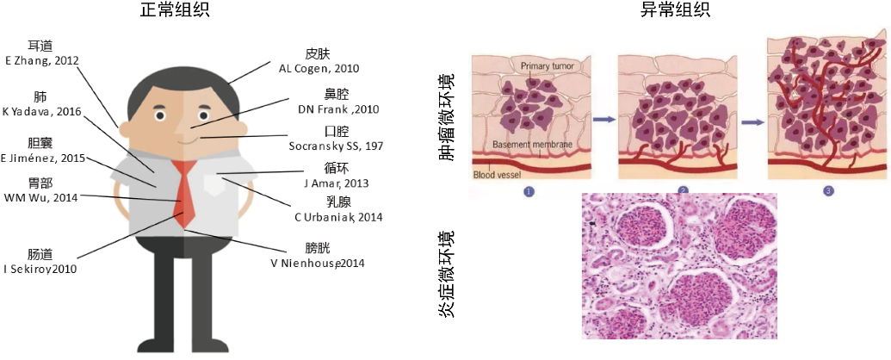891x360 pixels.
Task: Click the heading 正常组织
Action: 177,10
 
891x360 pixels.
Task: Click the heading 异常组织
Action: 674,10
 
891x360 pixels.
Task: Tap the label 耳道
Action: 40,46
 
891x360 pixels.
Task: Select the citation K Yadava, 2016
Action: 41,111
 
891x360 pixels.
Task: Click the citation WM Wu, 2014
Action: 41,197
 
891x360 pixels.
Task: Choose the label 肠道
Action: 40,254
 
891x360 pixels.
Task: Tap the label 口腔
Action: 337,132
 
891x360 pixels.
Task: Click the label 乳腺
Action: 338,201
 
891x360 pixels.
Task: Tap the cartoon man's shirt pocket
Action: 213,183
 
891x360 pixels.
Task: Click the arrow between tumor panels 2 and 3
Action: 753,122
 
